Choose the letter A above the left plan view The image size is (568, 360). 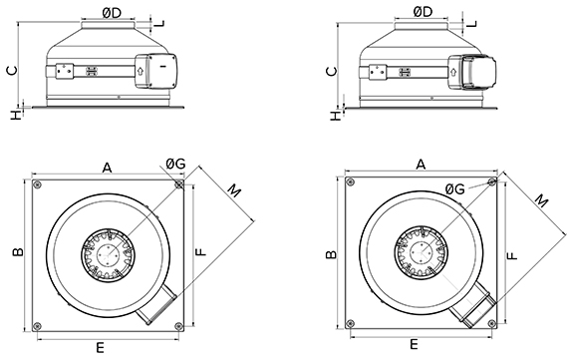click(x=106, y=169)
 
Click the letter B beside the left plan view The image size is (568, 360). click(x=17, y=255)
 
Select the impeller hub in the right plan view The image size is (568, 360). click(x=419, y=252)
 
